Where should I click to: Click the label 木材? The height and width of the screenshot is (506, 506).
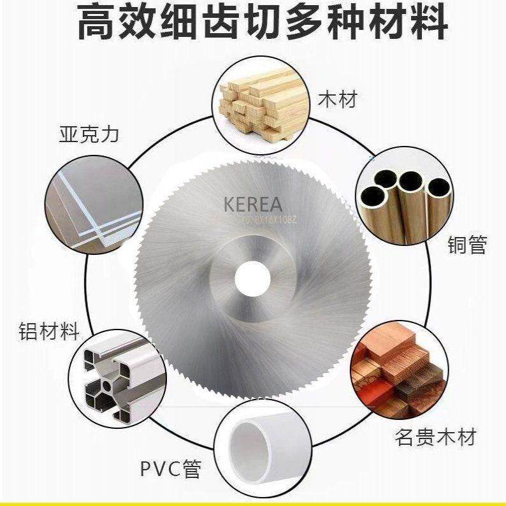[x=338, y=99]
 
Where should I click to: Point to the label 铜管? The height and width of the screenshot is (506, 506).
[x=468, y=245]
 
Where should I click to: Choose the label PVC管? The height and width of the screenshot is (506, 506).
[x=170, y=469]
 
